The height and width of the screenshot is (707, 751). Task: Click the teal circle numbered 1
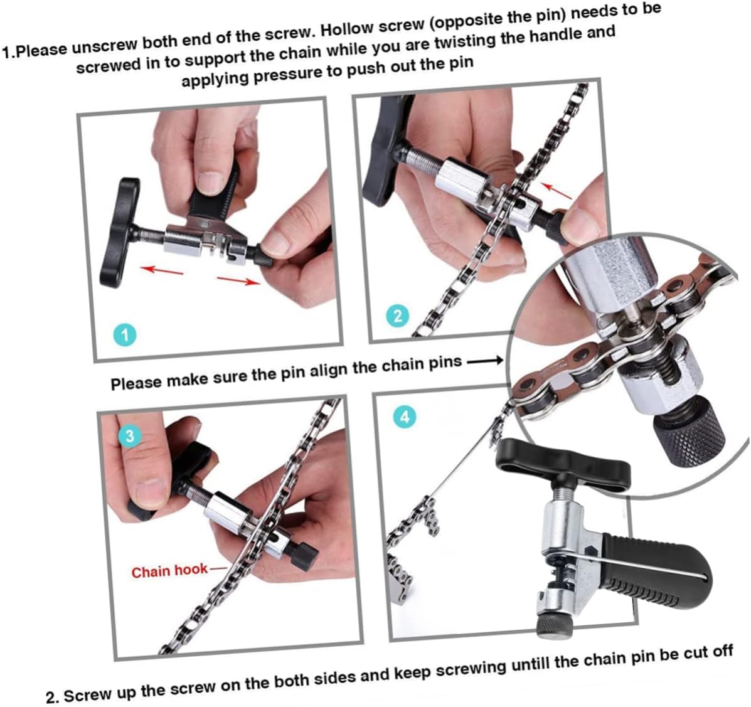click(x=125, y=334)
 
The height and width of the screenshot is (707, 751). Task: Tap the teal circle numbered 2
click(x=398, y=315)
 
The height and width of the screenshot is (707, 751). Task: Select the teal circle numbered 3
click(x=130, y=437)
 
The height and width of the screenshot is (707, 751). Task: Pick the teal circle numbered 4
click(x=405, y=417)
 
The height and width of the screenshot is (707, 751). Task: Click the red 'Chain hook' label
click(x=169, y=571)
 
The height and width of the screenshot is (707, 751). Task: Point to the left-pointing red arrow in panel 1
click(x=161, y=270)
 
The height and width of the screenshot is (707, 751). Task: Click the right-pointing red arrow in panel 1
click(x=238, y=280)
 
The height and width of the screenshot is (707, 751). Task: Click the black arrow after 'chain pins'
click(x=485, y=361)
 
